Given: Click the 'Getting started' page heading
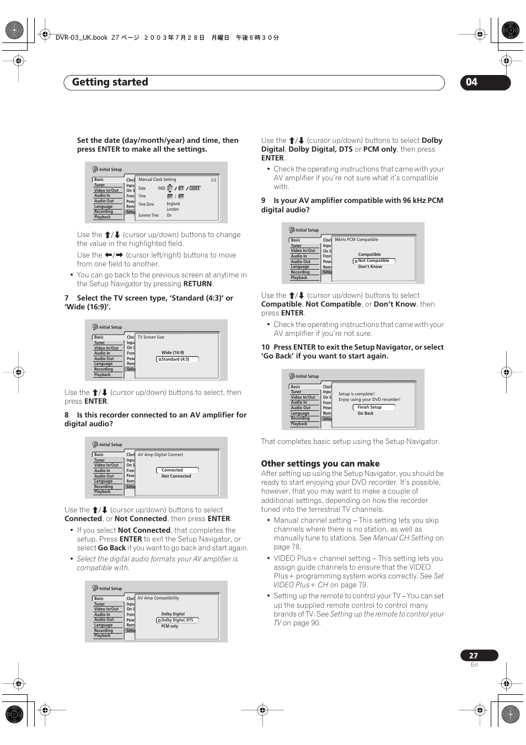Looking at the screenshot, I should coord(110,82).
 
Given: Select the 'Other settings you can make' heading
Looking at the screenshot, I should coord(320,464).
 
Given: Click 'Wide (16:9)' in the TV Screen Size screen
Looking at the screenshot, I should coord(173,352).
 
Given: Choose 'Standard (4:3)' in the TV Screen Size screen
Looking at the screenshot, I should coord(175,359).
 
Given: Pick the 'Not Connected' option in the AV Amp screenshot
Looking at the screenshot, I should coord(176,476).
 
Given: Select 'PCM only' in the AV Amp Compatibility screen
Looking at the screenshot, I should coord(170,626).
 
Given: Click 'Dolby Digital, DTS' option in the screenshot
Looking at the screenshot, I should coord(177,620).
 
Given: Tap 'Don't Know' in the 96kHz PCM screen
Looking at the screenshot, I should coord(370,266).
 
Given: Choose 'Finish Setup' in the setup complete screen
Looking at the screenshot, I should coord(369,407).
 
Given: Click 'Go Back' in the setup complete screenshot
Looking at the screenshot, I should coord(366,413).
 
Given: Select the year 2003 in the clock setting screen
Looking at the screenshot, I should coord(195,188).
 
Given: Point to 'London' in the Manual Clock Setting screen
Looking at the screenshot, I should coord(173,209).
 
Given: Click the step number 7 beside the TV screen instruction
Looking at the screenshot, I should coord(67,298).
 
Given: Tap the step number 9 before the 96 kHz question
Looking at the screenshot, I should coord(264,201).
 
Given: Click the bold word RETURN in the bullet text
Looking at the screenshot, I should coord(197,283).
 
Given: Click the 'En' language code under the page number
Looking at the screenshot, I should coord(474,665).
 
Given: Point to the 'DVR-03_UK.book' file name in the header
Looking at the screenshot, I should coord(82,37).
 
